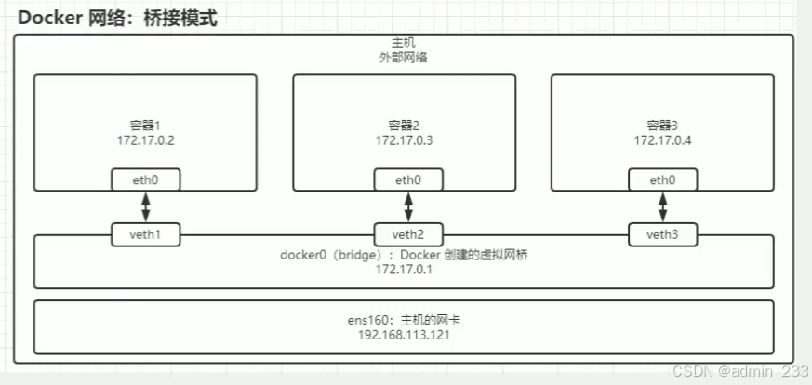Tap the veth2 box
point(407,235)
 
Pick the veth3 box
point(660,235)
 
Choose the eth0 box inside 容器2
point(407,179)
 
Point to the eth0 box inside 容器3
point(661,179)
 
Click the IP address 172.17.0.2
point(145,140)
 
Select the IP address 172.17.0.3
point(404,140)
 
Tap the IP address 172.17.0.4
point(662,140)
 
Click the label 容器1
point(145,126)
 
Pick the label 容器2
point(404,126)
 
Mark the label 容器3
point(662,126)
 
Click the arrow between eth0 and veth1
point(146,207)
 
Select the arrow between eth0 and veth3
point(661,207)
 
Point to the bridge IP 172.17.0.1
point(403,270)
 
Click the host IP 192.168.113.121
point(403,335)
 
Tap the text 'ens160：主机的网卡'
point(403,320)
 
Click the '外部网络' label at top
point(404,58)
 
